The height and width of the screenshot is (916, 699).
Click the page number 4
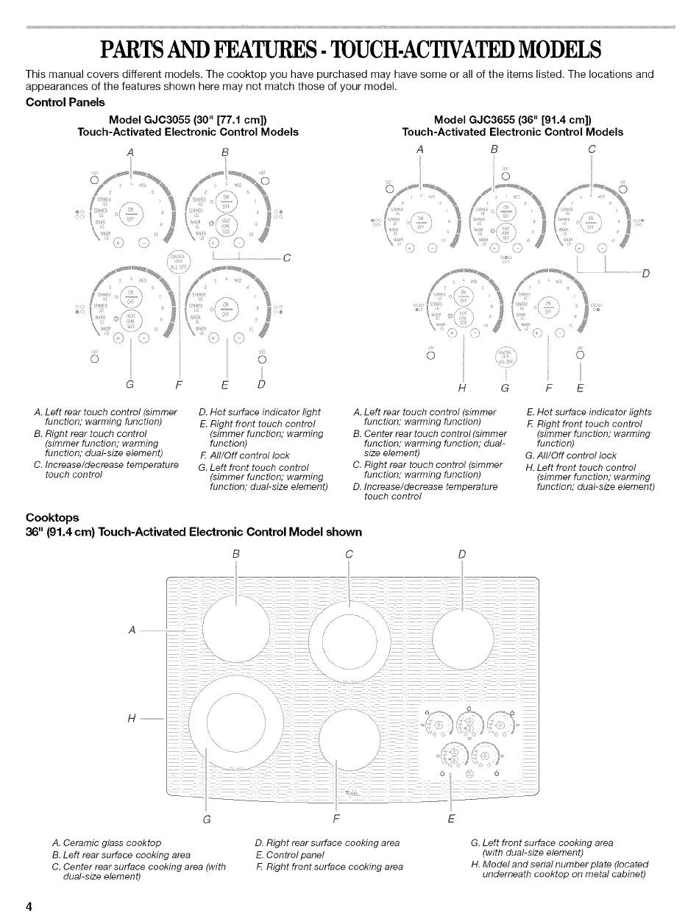click(29, 906)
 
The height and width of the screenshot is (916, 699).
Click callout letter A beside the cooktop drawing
click(132, 630)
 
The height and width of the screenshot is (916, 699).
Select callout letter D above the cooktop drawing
click(461, 553)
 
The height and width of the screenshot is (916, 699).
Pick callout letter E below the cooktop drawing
click(451, 818)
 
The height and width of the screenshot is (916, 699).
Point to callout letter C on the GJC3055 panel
click(287, 258)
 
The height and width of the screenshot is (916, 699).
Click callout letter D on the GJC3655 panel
click(645, 274)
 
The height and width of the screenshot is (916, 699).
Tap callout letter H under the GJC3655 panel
click(464, 388)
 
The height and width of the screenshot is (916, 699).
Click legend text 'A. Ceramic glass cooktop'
click(107, 842)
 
